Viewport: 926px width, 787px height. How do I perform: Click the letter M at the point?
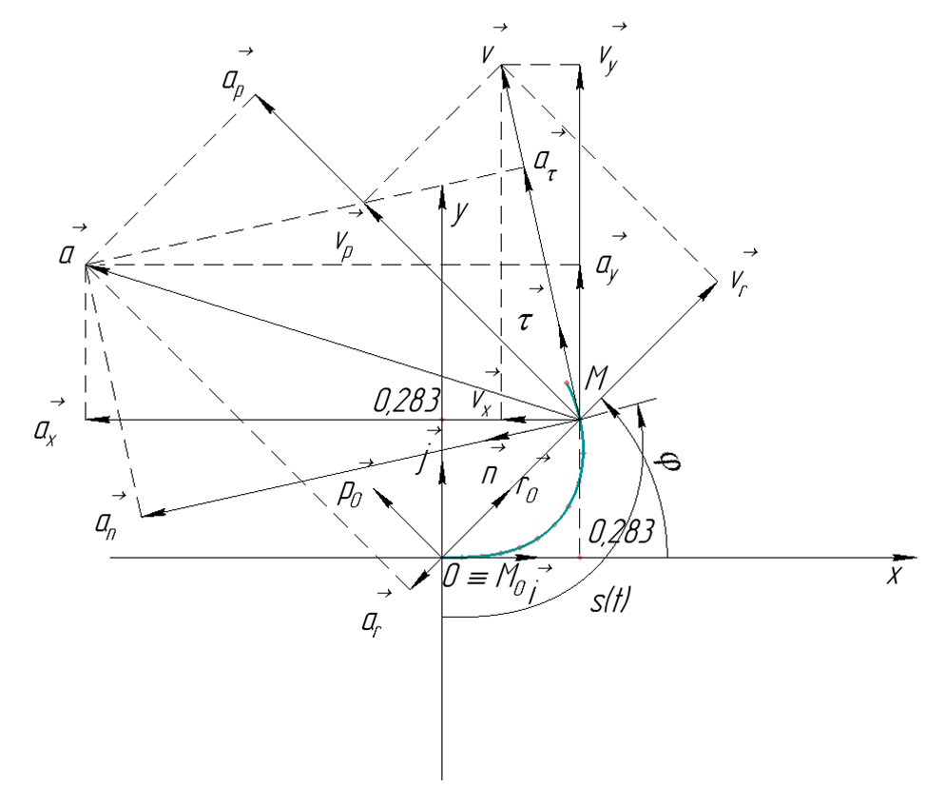pyautogui.click(x=596, y=377)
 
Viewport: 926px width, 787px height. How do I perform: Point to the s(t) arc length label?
pyautogui.click(x=611, y=601)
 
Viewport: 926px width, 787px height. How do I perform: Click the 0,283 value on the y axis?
pyautogui.click(x=406, y=401)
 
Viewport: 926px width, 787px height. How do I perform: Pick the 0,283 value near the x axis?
pyautogui.click(x=621, y=532)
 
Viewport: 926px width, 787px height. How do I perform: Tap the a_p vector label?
pyautogui.click(x=233, y=81)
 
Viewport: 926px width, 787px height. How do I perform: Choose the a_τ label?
pyautogui.click(x=545, y=162)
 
